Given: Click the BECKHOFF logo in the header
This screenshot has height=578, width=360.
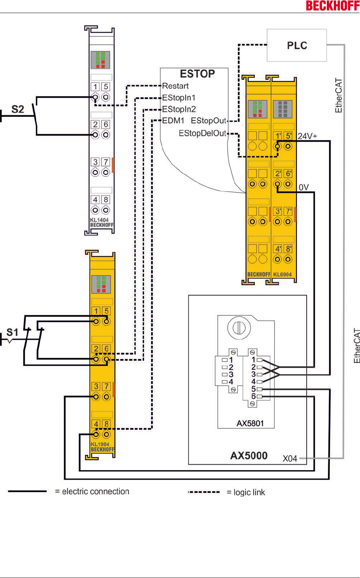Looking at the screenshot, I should (x=332, y=6).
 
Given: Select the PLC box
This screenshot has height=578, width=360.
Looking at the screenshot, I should (x=297, y=46).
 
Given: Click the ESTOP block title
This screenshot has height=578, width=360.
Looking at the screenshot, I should (x=197, y=74).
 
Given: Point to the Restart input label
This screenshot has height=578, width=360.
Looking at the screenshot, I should (x=175, y=86).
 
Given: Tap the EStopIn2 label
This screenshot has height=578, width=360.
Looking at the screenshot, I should (x=179, y=109).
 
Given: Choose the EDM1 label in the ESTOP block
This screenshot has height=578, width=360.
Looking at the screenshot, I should (x=173, y=121).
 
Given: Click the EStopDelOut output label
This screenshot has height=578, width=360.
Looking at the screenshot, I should (x=203, y=134).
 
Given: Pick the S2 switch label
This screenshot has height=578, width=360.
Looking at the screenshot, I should (x=18, y=109).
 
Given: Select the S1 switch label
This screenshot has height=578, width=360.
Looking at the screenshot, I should (x=12, y=332).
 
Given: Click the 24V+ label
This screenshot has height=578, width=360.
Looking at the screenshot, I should (x=307, y=136).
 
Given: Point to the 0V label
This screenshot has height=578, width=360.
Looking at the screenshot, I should (x=304, y=187).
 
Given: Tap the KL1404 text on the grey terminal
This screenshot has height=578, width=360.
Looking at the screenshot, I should (x=99, y=220).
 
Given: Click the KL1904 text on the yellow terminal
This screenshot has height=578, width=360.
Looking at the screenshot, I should (x=100, y=444).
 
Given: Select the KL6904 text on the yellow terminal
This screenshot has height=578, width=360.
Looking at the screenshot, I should (x=282, y=275).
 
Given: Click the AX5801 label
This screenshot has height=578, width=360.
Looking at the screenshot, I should (x=250, y=424).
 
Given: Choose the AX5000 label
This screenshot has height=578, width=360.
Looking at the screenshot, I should (x=249, y=456).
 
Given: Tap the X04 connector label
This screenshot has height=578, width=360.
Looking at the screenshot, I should (x=290, y=459).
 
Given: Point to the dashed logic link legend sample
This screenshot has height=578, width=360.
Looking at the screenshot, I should (x=204, y=492).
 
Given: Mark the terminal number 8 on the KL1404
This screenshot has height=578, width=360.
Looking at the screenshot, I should (x=106, y=200).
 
